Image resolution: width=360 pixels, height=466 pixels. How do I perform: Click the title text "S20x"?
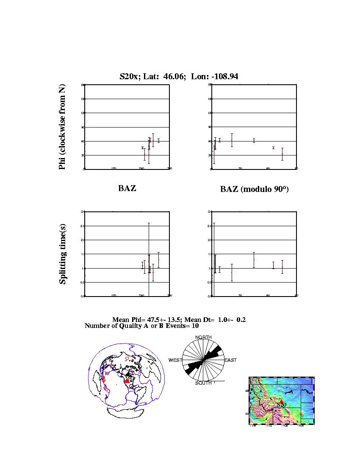point(128,77)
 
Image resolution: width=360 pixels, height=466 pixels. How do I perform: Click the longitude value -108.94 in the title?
point(224,77)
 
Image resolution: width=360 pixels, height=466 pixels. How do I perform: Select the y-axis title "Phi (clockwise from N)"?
point(62,127)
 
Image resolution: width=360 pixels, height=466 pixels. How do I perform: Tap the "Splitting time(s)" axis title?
point(62,254)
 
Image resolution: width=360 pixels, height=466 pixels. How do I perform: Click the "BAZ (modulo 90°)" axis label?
point(254,189)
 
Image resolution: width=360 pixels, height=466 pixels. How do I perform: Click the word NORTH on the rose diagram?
point(203,337)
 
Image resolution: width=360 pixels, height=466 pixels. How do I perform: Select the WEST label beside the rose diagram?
point(175,360)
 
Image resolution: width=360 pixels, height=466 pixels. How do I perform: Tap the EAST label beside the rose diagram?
point(230,360)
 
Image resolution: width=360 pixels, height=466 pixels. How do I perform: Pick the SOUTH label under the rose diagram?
point(203,383)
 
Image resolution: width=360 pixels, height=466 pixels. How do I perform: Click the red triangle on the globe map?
point(127,381)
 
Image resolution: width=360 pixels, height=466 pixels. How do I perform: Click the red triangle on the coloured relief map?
point(282,401)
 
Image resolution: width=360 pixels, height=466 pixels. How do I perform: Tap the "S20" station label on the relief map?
point(282,405)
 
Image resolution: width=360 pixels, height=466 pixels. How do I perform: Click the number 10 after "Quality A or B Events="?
point(195,326)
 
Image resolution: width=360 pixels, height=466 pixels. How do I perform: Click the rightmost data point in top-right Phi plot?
point(282,154)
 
